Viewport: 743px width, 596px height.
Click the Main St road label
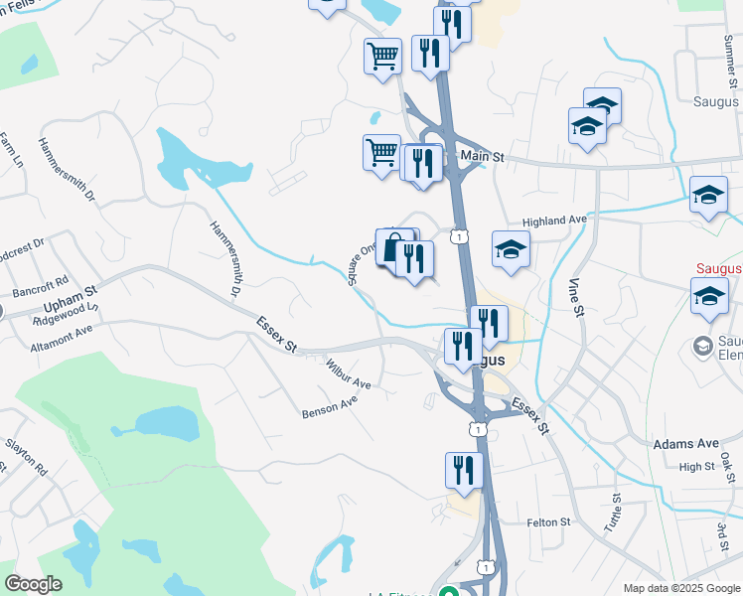483,157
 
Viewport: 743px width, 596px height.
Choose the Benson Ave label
330,406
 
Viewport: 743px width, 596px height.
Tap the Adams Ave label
685,443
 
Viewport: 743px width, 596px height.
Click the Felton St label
549,521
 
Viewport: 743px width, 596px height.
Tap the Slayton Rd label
26,452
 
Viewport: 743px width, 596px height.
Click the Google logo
34,584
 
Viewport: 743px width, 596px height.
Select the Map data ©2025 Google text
680,588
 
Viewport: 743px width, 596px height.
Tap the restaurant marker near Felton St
464,470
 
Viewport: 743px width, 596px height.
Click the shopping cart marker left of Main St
381,154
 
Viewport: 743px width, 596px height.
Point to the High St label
696,467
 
